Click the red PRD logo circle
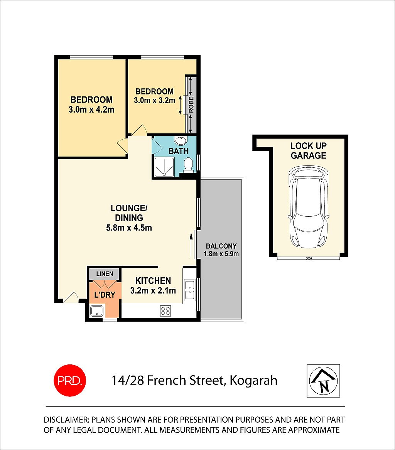point(69,380)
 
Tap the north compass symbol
point(323,381)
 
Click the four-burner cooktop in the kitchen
point(165,311)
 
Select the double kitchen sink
point(189,290)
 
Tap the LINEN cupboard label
point(105,274)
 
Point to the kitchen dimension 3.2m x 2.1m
point(153,290)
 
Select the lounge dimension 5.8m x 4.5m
point(129,228)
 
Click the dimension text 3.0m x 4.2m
point(91,110)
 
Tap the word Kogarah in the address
point(253,381)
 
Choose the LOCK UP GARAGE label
point(308,151)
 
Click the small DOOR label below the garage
point(308,259)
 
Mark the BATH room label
point(179,151)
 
